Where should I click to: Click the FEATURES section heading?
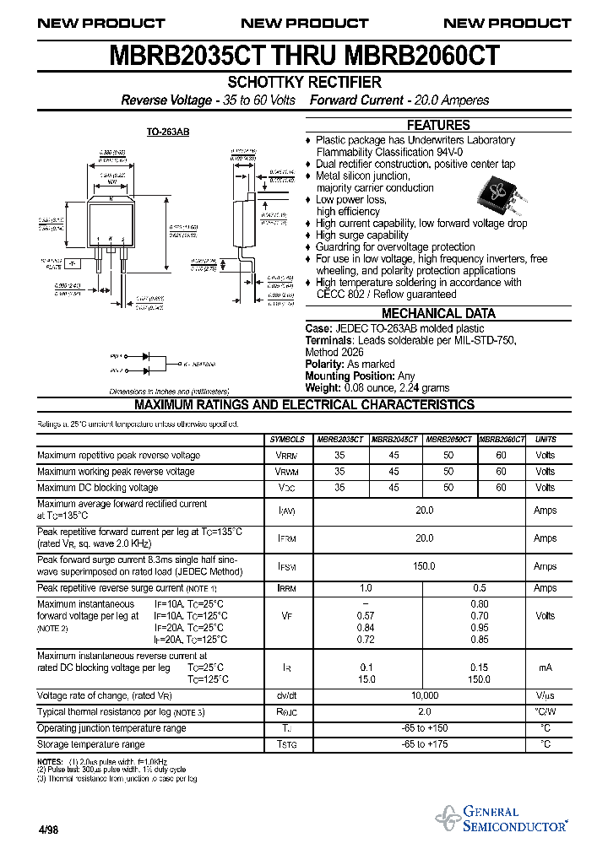[438, 125]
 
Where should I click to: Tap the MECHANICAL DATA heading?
[438, 313]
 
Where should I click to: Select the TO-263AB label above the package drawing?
[168, 132]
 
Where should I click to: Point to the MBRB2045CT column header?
[395, 440]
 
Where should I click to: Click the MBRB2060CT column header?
[502, 440]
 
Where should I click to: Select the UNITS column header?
[546, 440]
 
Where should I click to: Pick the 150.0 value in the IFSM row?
[424, 566]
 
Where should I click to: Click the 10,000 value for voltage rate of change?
[424, 695]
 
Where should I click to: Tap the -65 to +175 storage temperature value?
[424, 744]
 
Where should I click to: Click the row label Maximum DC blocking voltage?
[98, 488]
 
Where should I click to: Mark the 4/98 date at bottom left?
[48, 830]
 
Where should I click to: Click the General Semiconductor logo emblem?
[447, 818]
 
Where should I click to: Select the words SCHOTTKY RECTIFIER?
[304, 82]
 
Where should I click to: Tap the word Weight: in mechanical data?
[323, 388]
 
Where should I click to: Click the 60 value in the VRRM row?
[502, 456]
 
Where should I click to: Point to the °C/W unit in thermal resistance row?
[546, 712]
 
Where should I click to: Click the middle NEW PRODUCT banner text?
[304, 24]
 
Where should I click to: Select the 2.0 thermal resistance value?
[424, 712]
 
